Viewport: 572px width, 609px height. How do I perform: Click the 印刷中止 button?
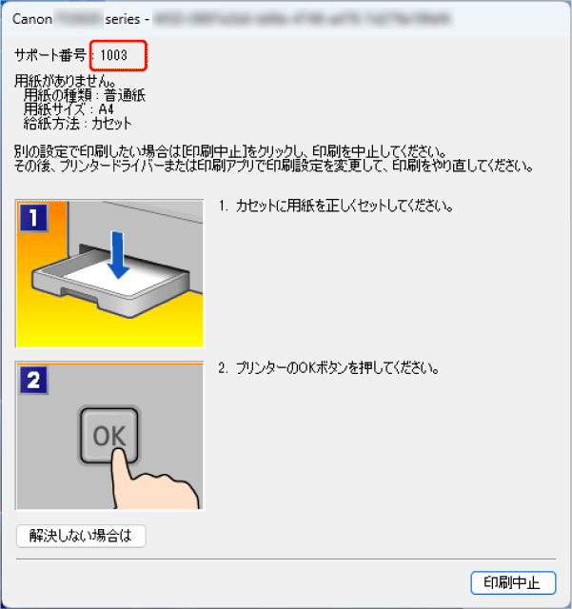[x=513, y=583]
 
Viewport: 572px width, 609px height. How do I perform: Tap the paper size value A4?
[x=107, y=109]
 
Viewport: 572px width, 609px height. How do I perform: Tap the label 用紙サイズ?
[x=52, y=109]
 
